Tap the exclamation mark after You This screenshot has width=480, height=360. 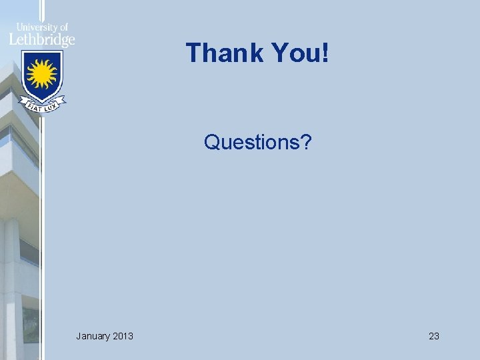[x=325, y=53]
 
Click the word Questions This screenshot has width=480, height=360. [x=252, y=142]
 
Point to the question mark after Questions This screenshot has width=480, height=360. [x=305, y=142]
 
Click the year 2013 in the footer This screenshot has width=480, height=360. [x=122, y=336]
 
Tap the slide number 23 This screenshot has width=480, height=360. [x=433, y=336]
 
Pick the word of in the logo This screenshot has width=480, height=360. [x=63, y=27]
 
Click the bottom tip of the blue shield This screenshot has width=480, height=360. [x=42, y=101]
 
